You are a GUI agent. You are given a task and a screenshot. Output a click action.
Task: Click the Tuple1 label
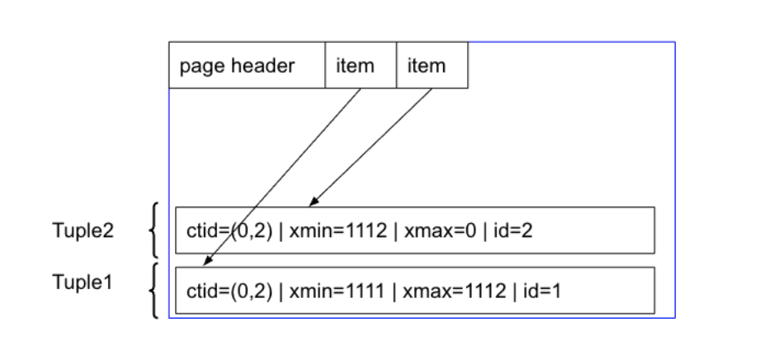[x=82, y=282]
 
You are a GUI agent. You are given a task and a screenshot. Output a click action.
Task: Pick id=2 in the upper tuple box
[x=513, y=230]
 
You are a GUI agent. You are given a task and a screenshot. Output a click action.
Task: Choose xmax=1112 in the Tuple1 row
[x=445, y=291]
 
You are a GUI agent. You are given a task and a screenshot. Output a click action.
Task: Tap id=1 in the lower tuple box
[x=541, y=291]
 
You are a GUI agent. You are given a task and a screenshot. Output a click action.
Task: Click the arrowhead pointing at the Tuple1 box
[x=205, y=263]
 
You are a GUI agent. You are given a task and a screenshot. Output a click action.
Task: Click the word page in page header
[x=201, y=66]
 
